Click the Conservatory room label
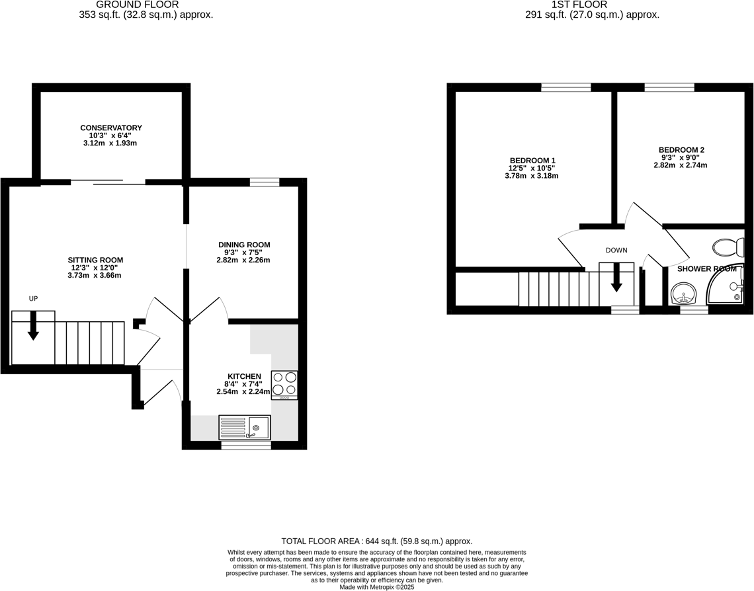[x=111, y=128]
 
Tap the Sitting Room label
[x=95, y=260]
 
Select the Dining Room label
[x=244, y=245]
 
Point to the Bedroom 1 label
[x=532, y=161]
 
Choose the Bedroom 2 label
[x=681, y=150]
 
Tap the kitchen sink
[x=244, y=428]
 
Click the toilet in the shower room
[x=728, y=248]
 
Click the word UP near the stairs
[x=33, y=299]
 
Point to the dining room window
[x=265, y=182]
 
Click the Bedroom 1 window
[x=566, y=87]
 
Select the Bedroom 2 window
[x=669, y=87]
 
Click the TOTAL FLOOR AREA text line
[x=377, y=541]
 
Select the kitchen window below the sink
[x=245, y=446]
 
